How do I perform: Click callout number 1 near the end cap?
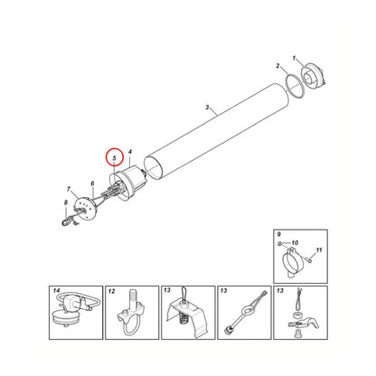point(295,58)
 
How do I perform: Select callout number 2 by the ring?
point(277,66)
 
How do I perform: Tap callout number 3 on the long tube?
point(207,107)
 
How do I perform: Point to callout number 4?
point(130,152)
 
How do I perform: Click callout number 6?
point(92,183)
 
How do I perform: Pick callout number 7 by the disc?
point(69,189)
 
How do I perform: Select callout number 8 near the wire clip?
point(66,203)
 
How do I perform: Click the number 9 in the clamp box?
point(278,234)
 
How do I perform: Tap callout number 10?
point(295,242)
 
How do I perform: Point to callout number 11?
point(319,250)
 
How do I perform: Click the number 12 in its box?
point(112,291)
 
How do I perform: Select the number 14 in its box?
point(56,291)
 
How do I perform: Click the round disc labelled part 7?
point(85,208)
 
